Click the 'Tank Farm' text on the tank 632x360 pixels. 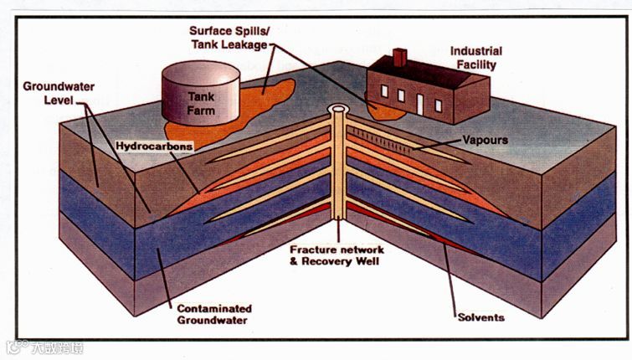point(200,103)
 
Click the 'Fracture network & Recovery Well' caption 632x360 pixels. point(337,256)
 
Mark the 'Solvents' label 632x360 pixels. point(480,316)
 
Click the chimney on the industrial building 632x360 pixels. point(398,57)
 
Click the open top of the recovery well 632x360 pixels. point(338,109)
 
